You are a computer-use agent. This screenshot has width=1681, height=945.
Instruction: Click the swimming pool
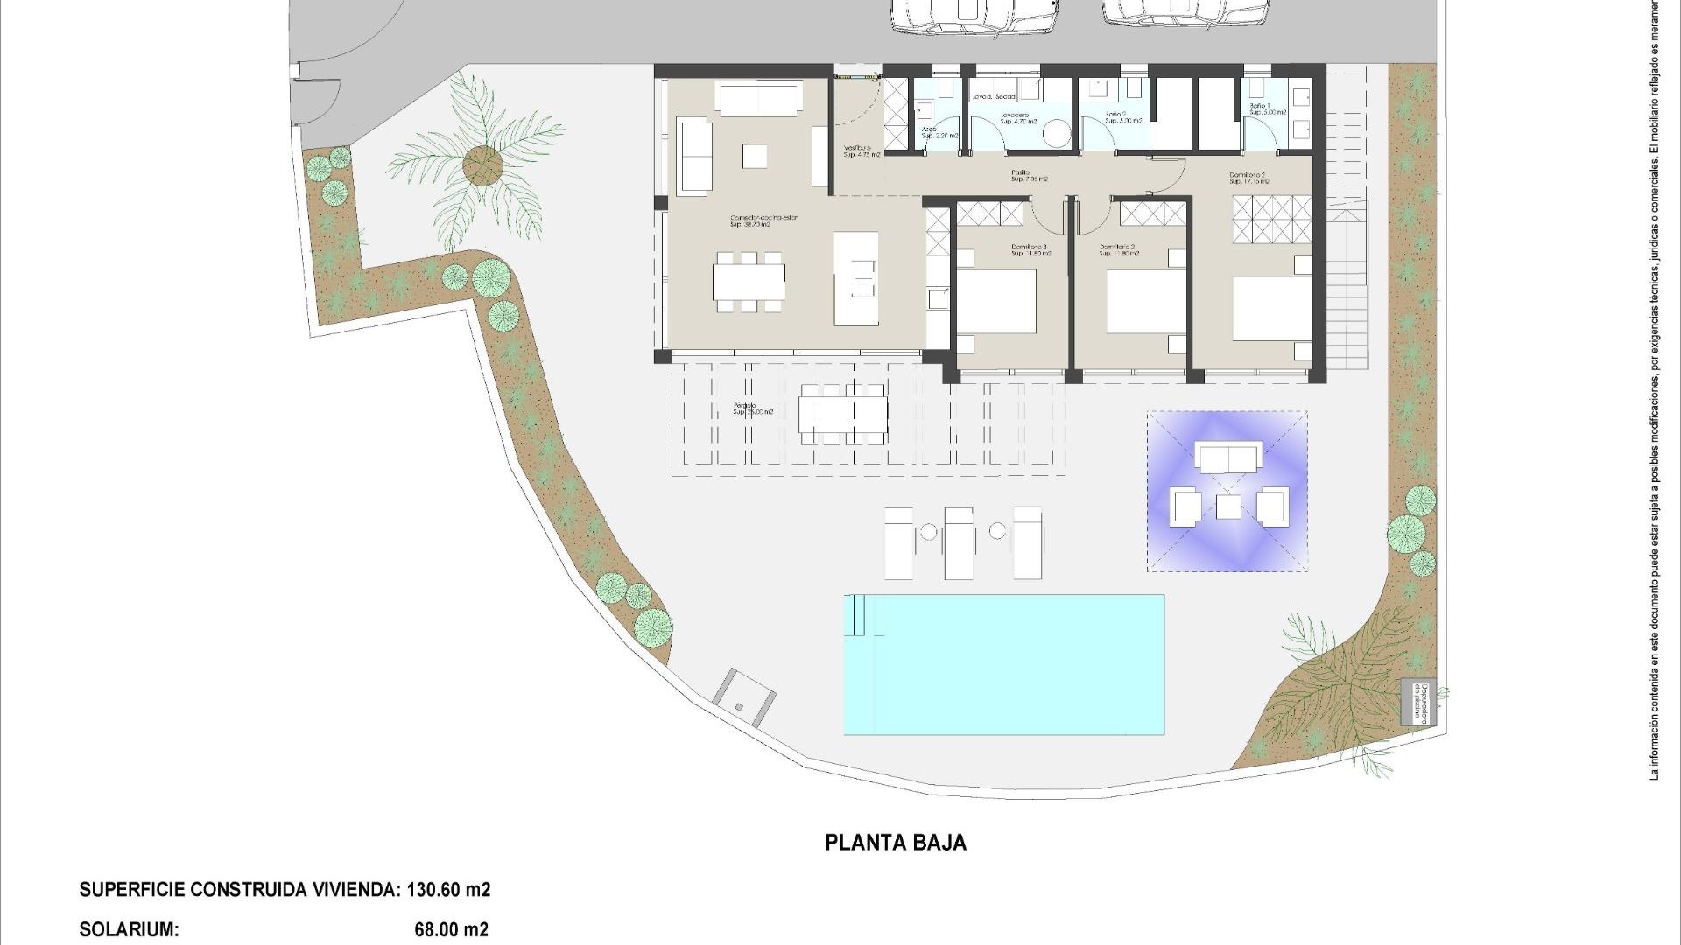(x=1003, y=665)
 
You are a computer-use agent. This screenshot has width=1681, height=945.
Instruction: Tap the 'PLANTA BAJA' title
(x=896, y=843)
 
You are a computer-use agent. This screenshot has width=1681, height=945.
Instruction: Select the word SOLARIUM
(x=129, y=929)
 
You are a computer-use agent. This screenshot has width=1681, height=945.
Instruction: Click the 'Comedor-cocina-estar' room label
(x=764, y=218)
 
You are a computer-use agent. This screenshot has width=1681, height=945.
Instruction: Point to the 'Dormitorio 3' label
(x=1029, y=248)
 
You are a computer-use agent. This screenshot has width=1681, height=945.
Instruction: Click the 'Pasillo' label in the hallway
(x=1021, y=173)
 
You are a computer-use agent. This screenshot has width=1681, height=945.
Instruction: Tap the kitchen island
(x=855, y=278)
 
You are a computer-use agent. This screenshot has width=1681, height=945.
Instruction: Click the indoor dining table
(x=749, y=282)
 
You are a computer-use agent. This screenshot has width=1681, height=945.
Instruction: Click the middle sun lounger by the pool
(x=959, y=542)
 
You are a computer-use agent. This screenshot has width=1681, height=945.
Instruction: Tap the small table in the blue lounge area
(x=1228, y=507)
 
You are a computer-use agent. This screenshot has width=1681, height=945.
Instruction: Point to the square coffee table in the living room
(x=755, y=157)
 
